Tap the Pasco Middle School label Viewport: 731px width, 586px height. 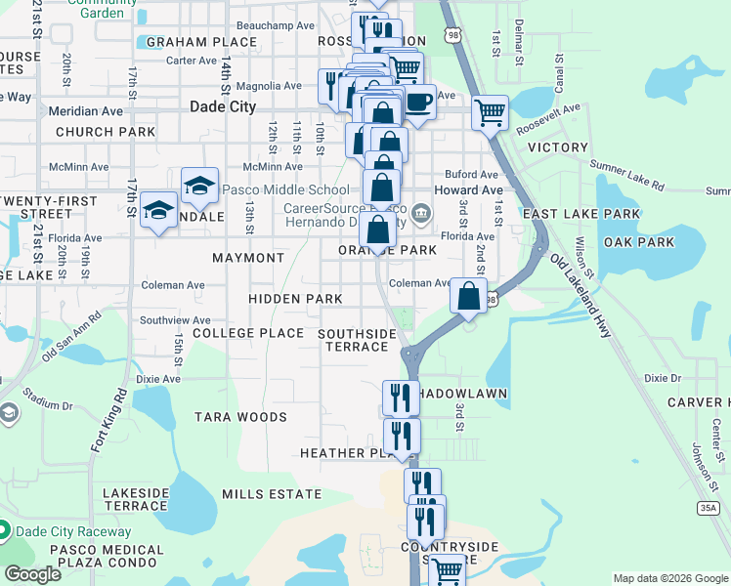pos(285,189)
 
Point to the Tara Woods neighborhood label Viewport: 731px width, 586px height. pos(240,417)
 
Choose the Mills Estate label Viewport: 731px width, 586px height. pos(271,494)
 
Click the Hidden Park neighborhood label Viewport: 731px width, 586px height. pos(295,299)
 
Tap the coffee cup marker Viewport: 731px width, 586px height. pos(419,102)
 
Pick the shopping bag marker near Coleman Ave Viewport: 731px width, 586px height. pos(469,295)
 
